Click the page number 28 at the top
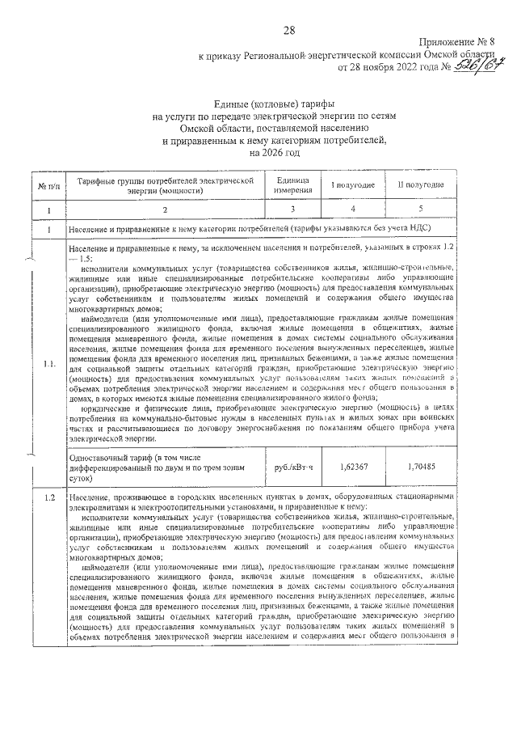(x=289, y=30)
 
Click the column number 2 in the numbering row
(x=166, y=211)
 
